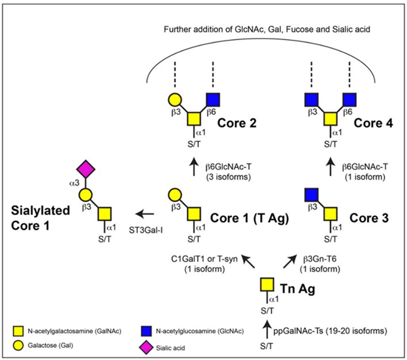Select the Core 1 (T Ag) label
(x=242, y=219)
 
